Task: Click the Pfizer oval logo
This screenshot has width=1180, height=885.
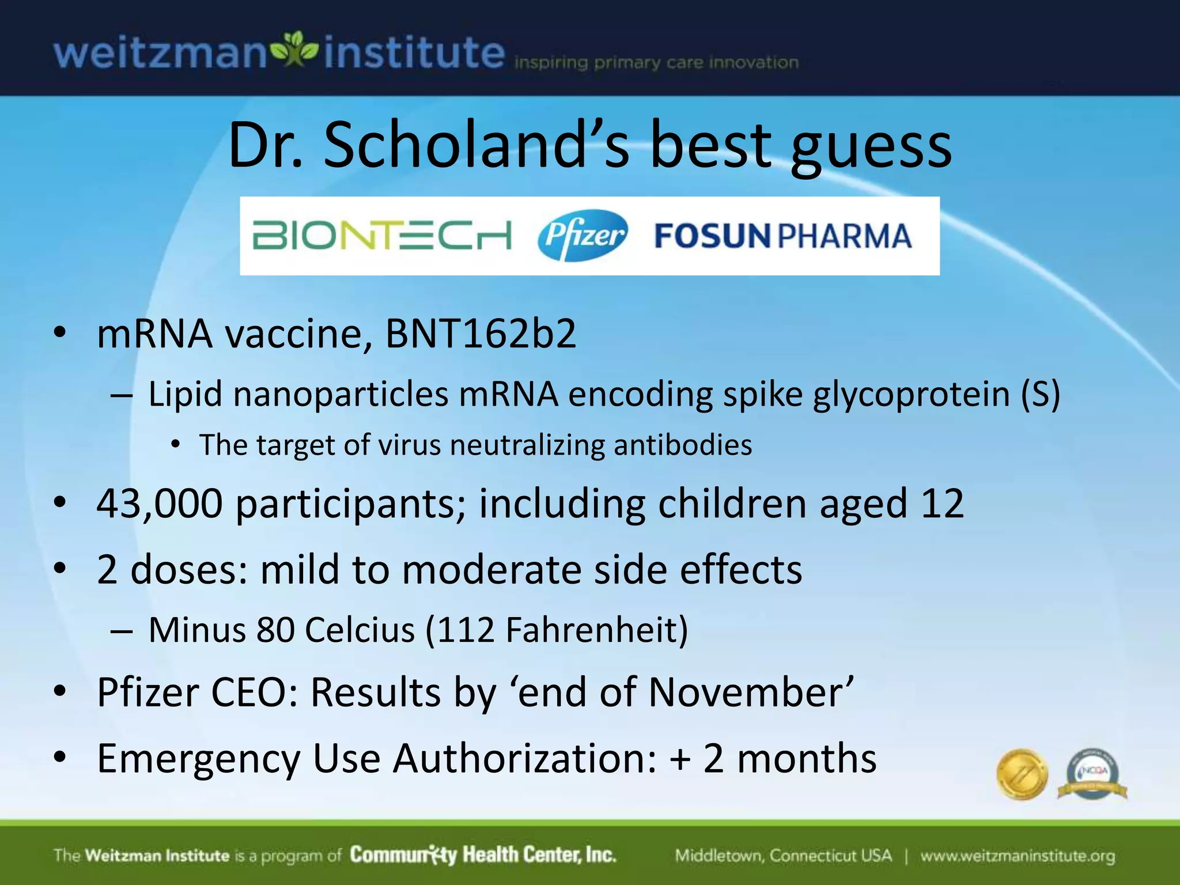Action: (x=582, y=235)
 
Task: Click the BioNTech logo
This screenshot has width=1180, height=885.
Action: (x=381, y=236)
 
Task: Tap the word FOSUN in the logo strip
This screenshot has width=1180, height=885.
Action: (x=712, y=236)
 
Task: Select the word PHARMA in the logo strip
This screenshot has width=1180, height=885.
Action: (x=845, y=236)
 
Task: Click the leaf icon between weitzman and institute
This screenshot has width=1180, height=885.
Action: (x=295, y=50)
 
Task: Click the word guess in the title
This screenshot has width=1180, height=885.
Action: (x=871, y=147)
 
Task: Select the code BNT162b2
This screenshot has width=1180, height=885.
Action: (x=481, y=334)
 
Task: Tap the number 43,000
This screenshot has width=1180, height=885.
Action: (x=160, y=504)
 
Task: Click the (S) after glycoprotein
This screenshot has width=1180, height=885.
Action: (x=1040, y=395)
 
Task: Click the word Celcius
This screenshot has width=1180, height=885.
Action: (x=360, y=630)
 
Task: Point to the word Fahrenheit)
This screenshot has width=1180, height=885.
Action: (x=597, y=630)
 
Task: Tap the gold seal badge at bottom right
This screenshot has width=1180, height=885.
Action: (x=1022, y=774)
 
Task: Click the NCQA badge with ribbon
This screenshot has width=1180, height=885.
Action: (x=1092, y=774)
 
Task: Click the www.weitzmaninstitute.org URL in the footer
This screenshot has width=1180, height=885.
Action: (x=1018, y=856)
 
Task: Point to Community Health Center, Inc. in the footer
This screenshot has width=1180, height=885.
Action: (x=483, y=855)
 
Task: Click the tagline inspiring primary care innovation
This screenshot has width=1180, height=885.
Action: (x=656, y=63)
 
